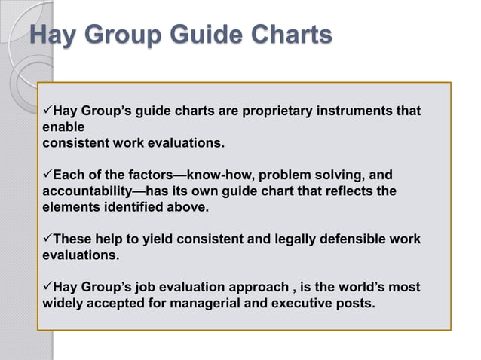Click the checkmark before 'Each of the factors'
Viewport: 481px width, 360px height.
48,175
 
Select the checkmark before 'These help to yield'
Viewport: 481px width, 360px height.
48,239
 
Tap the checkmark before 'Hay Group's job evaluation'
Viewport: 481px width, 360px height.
48,288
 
